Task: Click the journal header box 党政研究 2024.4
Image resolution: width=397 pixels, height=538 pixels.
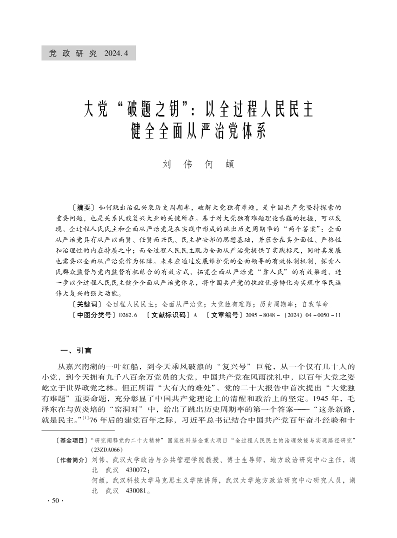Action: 88,53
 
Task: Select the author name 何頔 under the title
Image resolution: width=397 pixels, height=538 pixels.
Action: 219,164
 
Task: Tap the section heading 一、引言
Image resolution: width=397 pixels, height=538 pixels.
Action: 75,350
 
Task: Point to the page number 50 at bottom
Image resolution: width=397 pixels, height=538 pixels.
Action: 52,501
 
